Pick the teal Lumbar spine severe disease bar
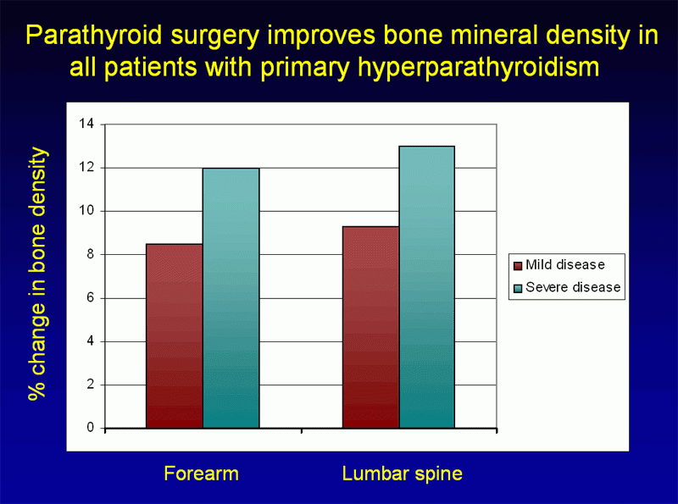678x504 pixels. pos(427,287)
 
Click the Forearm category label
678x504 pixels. pos(202,474)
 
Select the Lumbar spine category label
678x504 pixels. pos(403,474)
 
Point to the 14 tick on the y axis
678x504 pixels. pos(87,125)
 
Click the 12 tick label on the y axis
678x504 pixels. pos(87,168)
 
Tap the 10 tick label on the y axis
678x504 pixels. pos(87,211)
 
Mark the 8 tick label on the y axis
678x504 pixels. pos(91,255)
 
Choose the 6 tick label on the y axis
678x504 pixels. pos(91,298)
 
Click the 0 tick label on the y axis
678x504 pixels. pos(91,428)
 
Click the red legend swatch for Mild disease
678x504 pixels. pos(517,265)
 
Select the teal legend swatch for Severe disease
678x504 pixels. pos(517,288)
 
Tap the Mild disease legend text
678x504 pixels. pos(565,265)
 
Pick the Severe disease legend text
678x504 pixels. pos(573,287)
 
